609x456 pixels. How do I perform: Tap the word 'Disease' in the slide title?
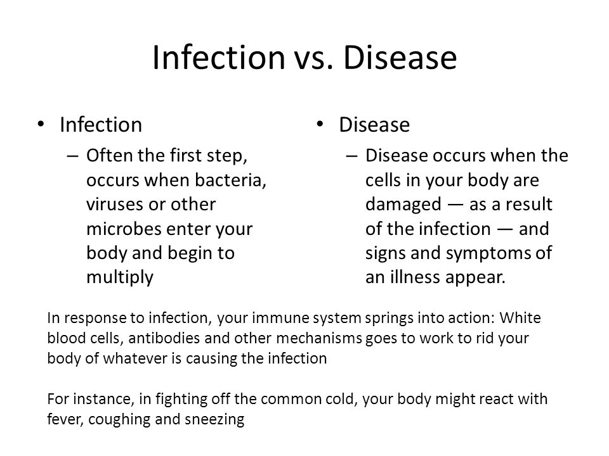[x=400, y=58]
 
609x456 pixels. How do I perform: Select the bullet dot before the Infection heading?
[x=41, y=124]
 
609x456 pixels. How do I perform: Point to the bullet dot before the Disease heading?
[x=320, y=124]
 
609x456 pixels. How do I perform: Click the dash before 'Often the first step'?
[x=72, y=156]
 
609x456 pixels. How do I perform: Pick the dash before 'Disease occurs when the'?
[x=351, y=156]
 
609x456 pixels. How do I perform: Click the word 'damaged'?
[x=403, y=205]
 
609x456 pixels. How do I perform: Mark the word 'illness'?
[x=415, y=277]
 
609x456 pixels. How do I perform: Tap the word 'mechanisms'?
[x=319, y=338]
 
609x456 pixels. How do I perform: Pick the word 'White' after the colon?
[x=520, y=318]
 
